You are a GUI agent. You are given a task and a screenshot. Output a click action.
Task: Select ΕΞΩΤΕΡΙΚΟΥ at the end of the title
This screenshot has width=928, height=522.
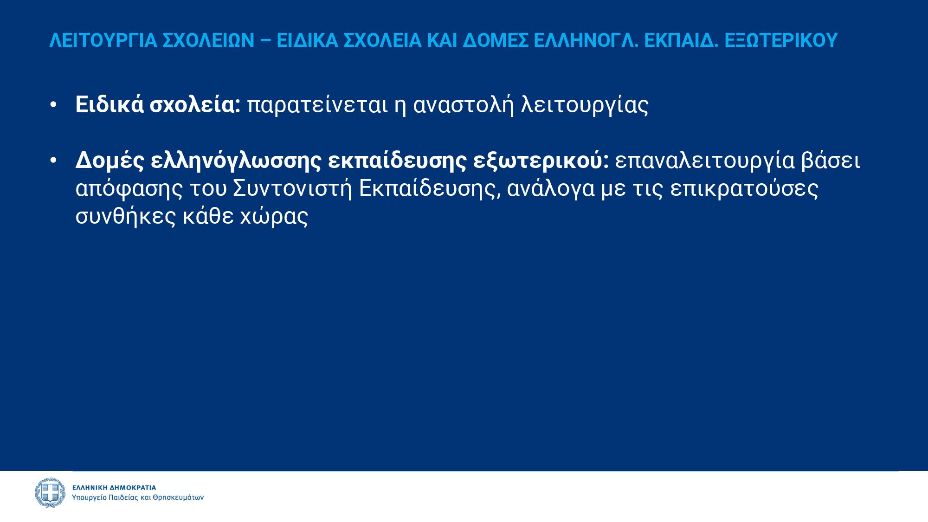coord(781,40)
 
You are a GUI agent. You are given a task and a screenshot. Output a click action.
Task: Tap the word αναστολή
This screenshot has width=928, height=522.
coord(463,105)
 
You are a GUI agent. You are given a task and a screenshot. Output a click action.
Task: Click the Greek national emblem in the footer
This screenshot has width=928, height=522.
coord(50,493)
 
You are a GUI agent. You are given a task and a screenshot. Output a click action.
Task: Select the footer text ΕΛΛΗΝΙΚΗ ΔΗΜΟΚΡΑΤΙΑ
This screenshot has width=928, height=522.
coord(114,488)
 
